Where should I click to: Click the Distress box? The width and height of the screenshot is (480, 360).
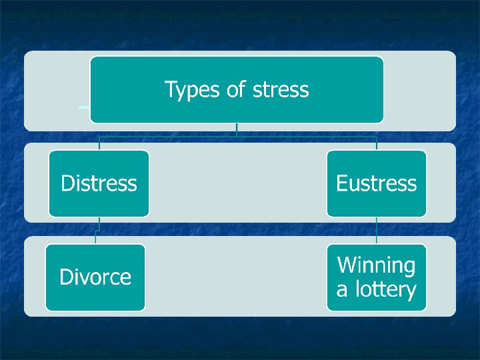coord(99,183)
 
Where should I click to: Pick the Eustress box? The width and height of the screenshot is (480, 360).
coord(377,183)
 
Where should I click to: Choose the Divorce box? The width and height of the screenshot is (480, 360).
coord(95,277)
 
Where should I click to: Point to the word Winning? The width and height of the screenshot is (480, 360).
coord(377,265)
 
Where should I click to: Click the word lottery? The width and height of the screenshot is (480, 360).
coord(385,290)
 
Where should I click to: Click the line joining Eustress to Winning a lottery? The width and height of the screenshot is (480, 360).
coord(377,230)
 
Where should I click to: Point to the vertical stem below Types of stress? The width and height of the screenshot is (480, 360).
coord(237,129)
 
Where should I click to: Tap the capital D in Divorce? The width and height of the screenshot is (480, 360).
coord(65,277)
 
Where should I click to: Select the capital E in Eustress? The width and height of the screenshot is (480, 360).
coord(341,183)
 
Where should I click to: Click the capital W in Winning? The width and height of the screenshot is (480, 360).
coord(347,265)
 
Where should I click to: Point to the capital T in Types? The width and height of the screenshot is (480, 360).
coord(170,89)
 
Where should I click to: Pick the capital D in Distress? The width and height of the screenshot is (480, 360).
coord(67,183)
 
